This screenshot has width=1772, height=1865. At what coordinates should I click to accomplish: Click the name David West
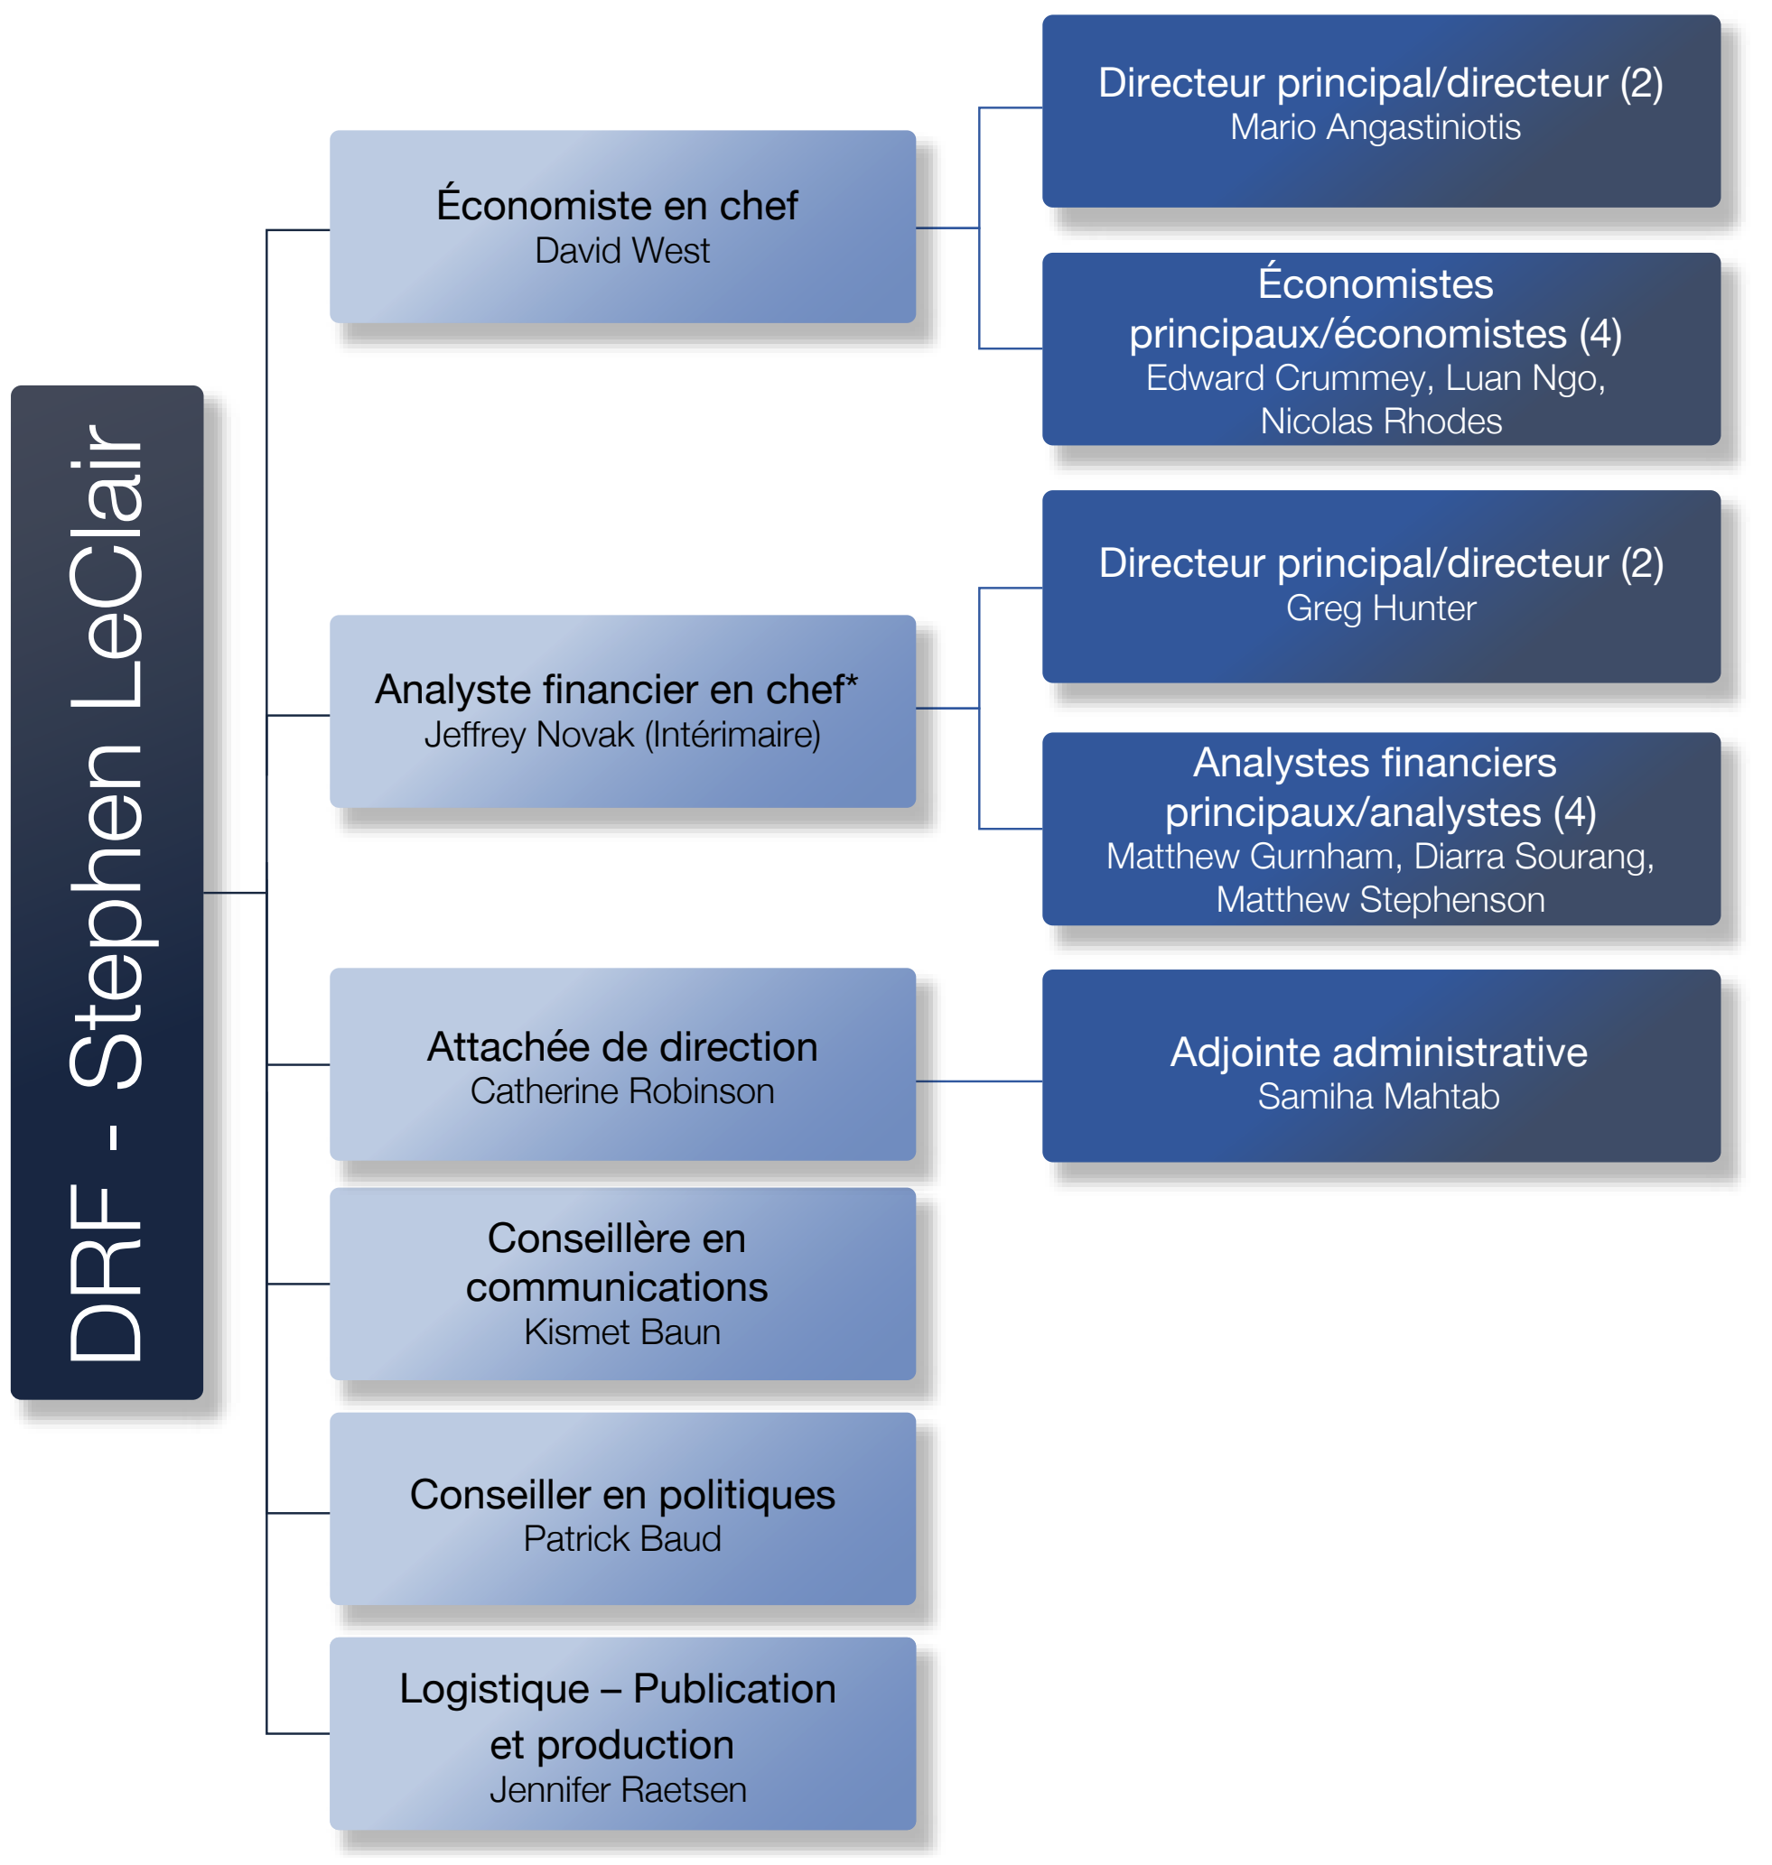tap(621, 251)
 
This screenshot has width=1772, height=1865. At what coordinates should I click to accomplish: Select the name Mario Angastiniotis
tap(1375, 127)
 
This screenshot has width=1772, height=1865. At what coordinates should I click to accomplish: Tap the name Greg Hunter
tap(1380, 608)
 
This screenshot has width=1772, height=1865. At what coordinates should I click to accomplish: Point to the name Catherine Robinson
tap(621, 1091)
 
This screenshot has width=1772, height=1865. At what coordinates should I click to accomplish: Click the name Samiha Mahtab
tap(1378, 1098)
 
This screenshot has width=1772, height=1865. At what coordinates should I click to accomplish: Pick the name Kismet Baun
tap(621, 1332)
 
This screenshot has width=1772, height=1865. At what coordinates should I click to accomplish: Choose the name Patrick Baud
tap(621, 1539)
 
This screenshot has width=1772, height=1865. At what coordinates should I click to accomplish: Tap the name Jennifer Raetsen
tap(618, 1790)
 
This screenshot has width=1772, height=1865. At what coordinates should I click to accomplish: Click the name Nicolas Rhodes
tap(1380, 422)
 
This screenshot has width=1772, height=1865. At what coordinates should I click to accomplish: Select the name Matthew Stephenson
tap(1380, 900)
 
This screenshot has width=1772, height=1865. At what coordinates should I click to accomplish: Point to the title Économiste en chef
tap(617, 206)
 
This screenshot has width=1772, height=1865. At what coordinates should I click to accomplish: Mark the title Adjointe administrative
tap(1378, 1052)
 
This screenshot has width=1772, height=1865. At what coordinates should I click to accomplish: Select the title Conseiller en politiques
tap(621, 1495)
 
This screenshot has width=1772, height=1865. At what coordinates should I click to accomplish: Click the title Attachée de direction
tap(621, 1047)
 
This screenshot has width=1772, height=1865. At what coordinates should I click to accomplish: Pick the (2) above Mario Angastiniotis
tap(1641, 83)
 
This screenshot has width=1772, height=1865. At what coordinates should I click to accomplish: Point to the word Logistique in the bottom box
tap(494, 1689)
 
